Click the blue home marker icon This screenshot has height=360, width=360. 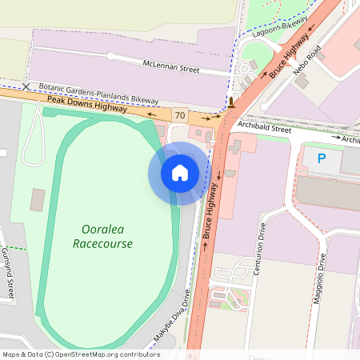coord(180,173)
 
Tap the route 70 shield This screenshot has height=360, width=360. coord(180,115)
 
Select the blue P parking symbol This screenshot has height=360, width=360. coord(322,159)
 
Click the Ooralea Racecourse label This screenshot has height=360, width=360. coord(102,236)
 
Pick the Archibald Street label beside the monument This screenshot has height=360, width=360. coord(265,127)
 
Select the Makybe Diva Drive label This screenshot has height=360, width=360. coord(174,322)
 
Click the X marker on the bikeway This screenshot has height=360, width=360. coord(26,86)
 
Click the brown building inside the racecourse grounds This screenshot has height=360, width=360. coord(38,199)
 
